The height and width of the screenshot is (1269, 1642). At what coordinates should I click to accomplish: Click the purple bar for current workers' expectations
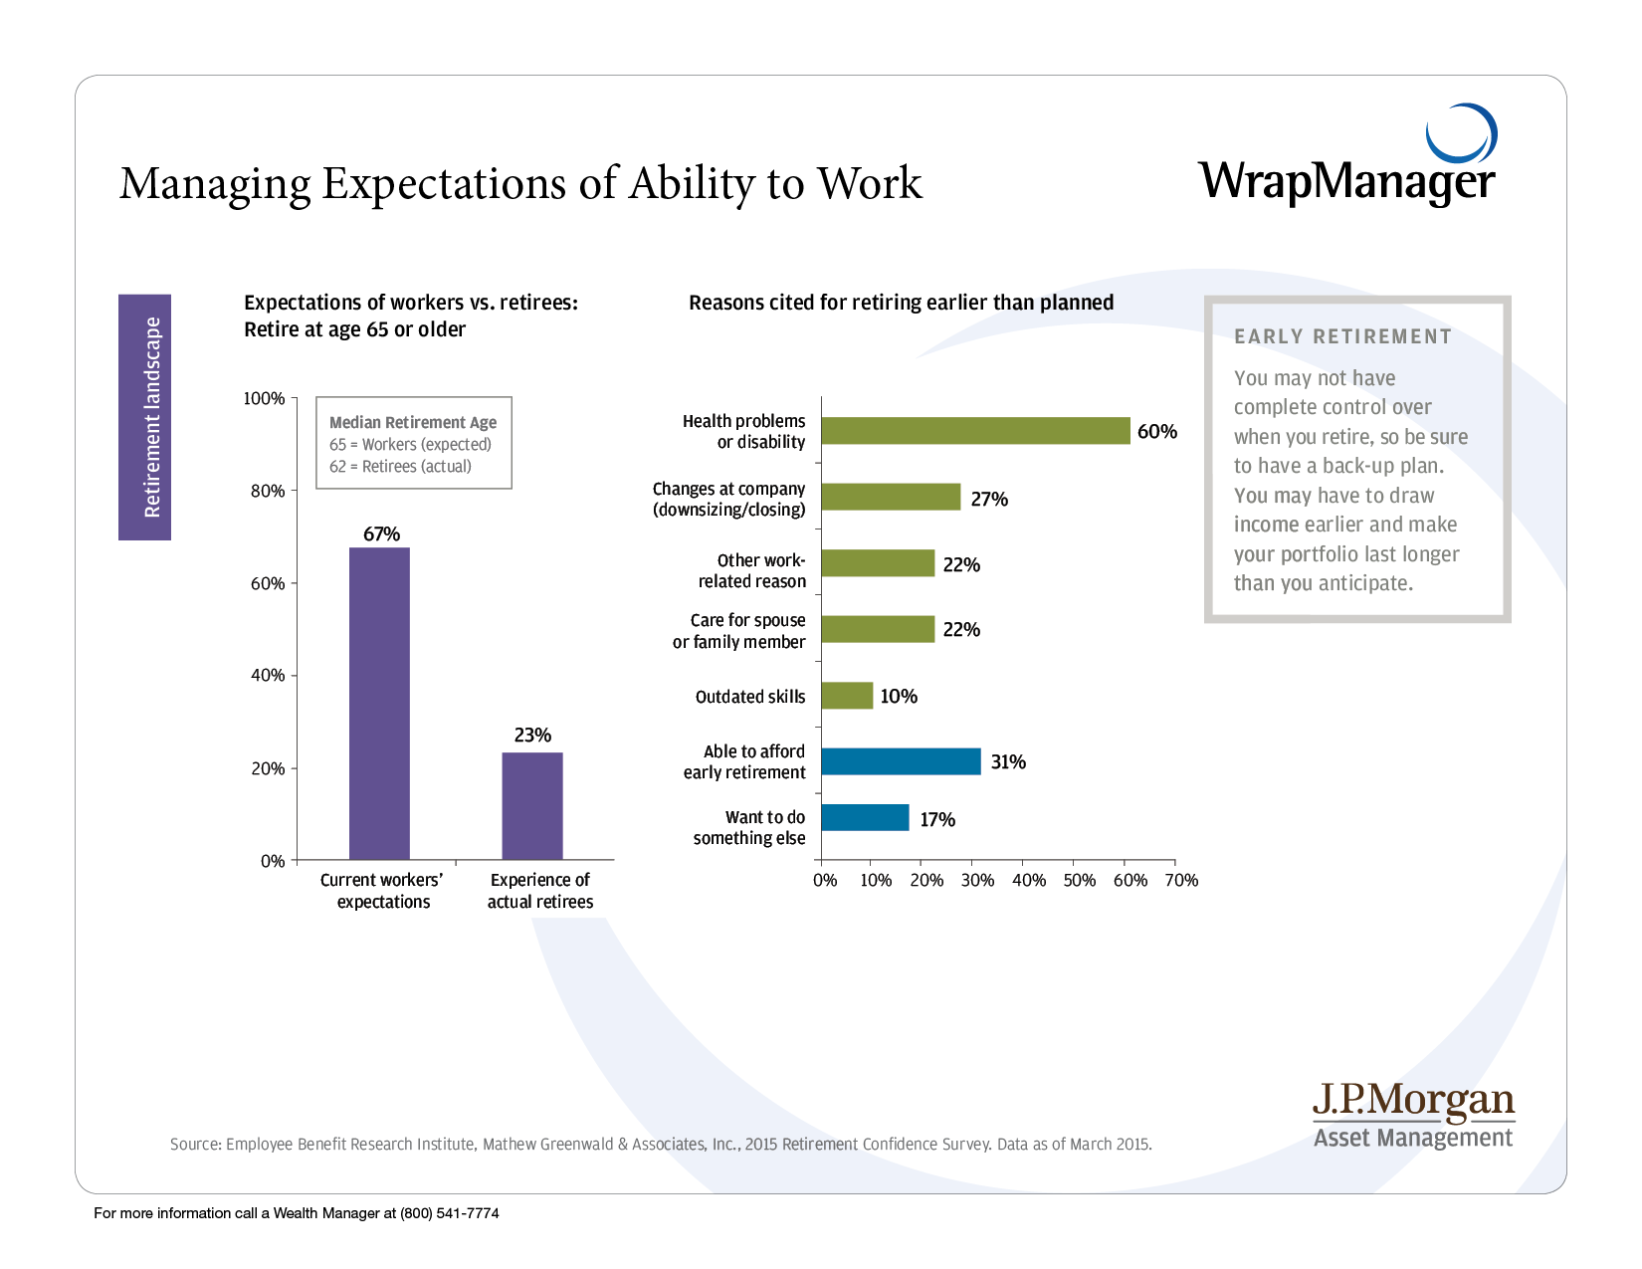point(379,703)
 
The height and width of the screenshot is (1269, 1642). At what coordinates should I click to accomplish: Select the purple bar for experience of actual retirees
point(532,805)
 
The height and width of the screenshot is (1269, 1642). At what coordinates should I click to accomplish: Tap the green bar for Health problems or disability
point(975,431)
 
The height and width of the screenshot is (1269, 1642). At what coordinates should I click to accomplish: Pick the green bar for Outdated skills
point(847,696)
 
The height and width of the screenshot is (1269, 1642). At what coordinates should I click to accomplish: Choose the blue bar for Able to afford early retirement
point(901,761)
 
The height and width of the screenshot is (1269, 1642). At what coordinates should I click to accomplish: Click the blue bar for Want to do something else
point(865,818)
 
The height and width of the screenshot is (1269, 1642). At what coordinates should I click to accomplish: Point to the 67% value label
point(381,534)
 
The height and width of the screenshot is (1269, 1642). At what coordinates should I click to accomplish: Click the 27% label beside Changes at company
point(989,499)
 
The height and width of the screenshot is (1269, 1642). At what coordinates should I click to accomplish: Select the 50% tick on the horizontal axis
point(1079,880)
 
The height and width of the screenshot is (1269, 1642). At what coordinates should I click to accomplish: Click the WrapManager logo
point(1347,159)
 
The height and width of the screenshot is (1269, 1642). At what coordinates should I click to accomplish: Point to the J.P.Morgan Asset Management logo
point(1413,1116)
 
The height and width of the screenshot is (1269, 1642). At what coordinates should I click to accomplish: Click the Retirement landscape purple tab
point(145,417)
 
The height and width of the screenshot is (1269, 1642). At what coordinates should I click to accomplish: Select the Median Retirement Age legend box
point(414,444)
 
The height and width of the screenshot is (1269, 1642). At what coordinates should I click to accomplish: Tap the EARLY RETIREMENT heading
point(1342,336)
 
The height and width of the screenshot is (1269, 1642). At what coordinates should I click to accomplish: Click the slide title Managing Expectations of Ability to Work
point(520,184)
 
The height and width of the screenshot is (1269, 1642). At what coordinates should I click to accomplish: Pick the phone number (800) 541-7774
point(449,1213)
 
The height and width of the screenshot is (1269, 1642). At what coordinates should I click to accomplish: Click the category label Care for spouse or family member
point(739,631)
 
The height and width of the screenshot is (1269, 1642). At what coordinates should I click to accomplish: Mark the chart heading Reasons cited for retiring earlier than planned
point(901,303)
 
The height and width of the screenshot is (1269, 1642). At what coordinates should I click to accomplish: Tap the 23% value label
point(532,736)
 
